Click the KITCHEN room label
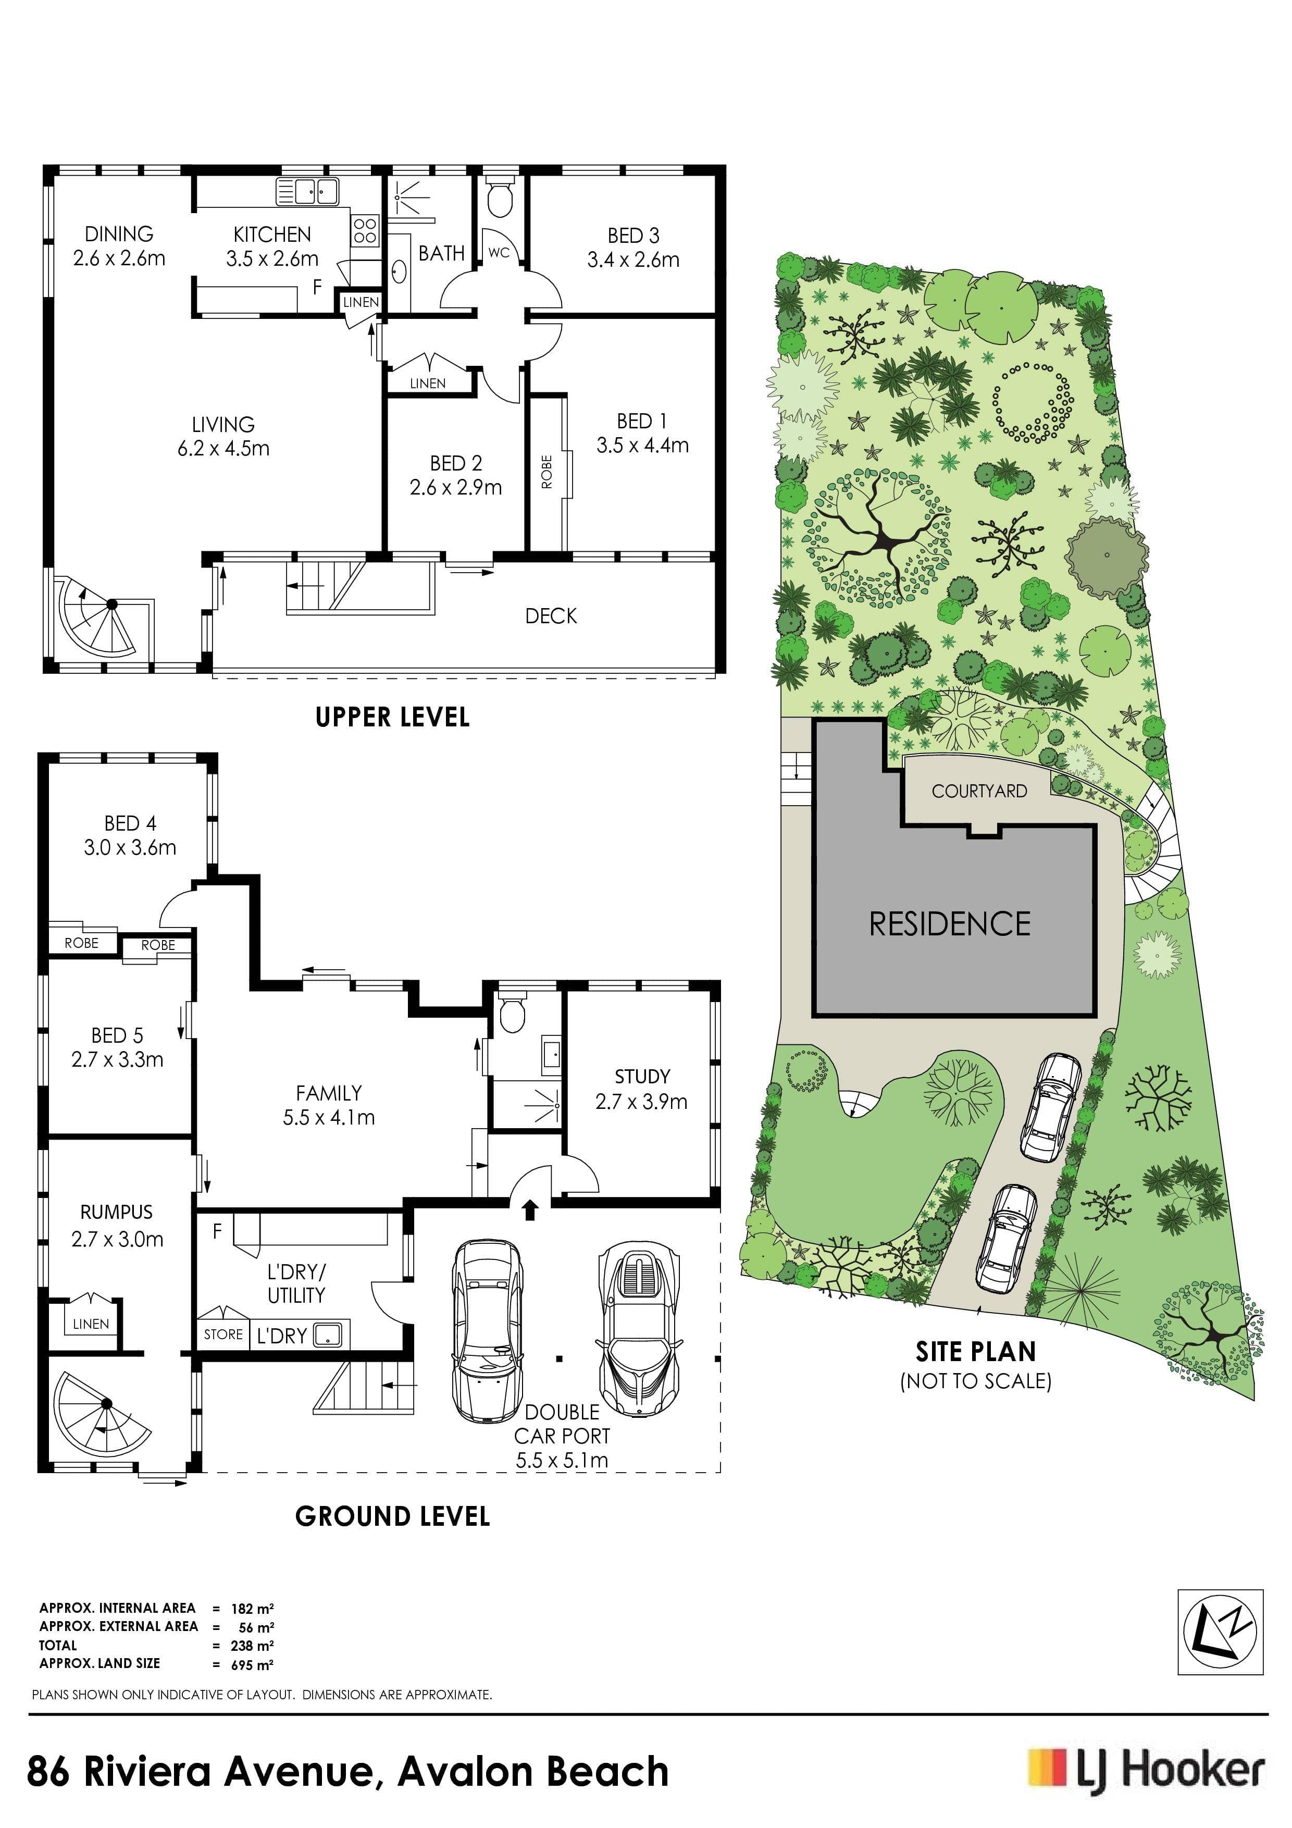[272, 234]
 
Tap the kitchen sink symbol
[307, 192]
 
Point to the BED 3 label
[633, 236]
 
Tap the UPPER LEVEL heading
[392, 718]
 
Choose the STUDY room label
[642, 1077]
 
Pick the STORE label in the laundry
[223, 1335]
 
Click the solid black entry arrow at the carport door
[529, 1210]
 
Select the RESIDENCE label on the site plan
[950, 923]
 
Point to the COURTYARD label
[979, 791]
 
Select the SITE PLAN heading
[976, 1352]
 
